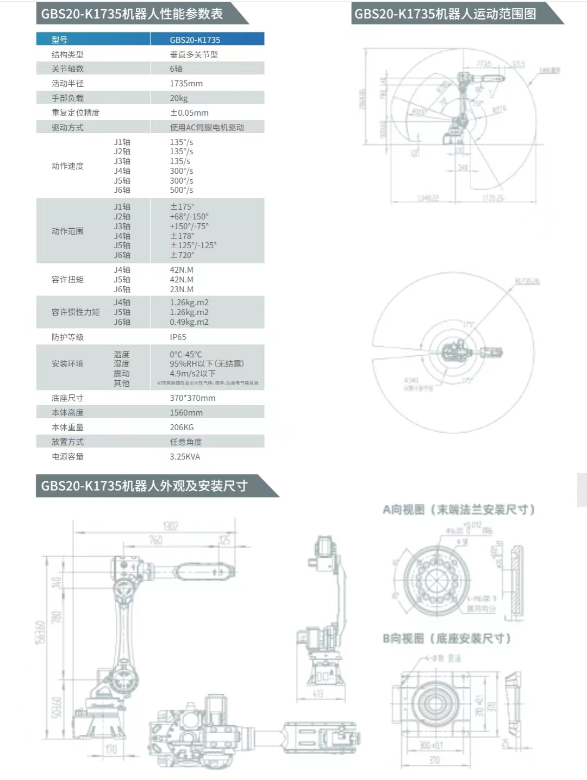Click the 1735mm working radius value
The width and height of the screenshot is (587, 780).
coord(186,84)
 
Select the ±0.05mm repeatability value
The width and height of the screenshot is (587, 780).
coord(189,113)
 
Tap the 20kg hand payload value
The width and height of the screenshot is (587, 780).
coord(179,98)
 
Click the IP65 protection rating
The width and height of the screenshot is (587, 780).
coord(178,337)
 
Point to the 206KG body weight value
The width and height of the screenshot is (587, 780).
coord(182,427)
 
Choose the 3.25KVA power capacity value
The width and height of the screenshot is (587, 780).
coord(185,457)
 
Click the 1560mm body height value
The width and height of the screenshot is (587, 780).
coord(186,413)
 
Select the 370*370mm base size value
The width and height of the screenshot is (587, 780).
coord(192,398)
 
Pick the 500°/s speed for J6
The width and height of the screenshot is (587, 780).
coord(182,190)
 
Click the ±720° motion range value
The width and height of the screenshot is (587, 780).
coord(182,255)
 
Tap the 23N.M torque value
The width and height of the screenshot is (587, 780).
coord(182,290)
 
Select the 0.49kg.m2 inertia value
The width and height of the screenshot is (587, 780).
coord(189,322)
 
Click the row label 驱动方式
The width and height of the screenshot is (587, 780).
coord(67,128)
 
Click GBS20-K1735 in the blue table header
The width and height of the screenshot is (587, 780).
coord(195,40)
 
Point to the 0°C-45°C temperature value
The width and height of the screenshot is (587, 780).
coord(186,354)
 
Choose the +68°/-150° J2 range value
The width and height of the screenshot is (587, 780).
coord(189,217)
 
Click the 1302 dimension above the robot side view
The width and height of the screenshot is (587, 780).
coord(170,526)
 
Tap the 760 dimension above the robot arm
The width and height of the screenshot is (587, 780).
coord(155,540)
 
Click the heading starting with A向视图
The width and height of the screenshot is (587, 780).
coord(459,509)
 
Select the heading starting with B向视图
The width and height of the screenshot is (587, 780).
coord(447,638)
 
